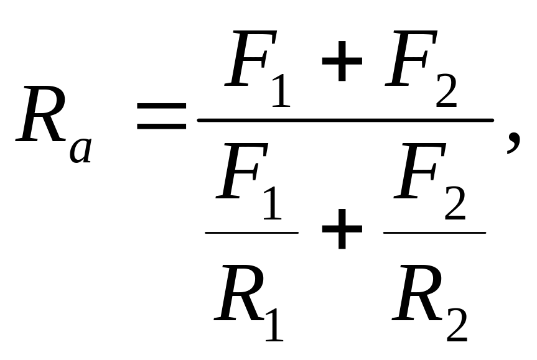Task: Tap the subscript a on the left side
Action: pos(81,149)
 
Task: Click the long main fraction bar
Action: pos(345,119)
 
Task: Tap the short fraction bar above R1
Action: pos(251,233)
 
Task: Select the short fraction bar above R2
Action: pos(434,233)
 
